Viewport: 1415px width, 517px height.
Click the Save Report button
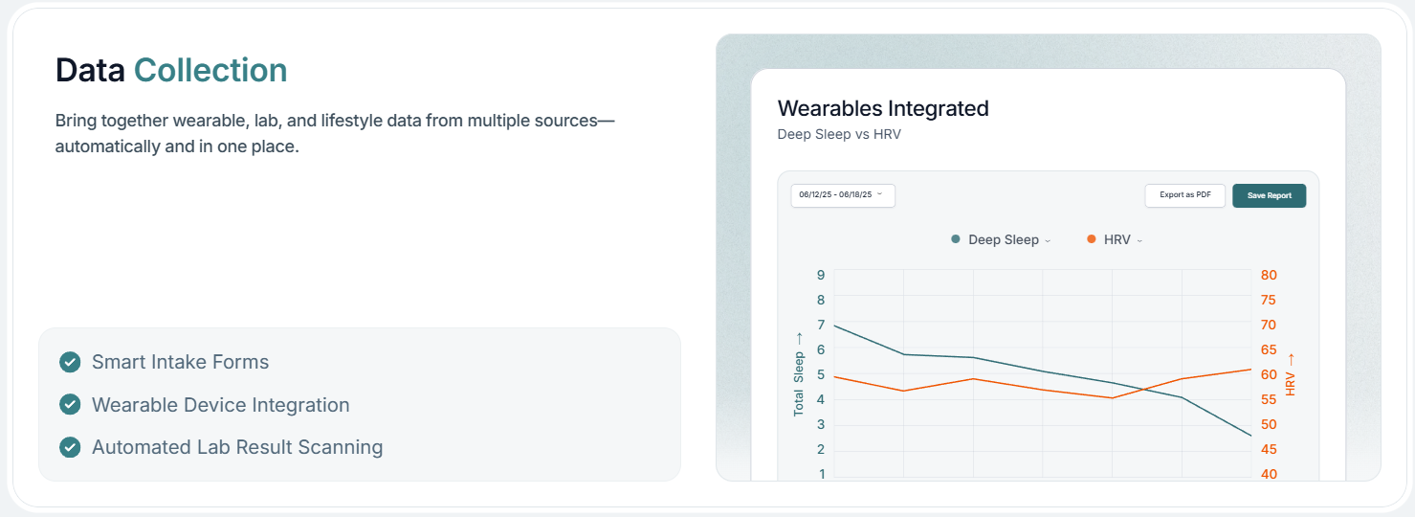1269,195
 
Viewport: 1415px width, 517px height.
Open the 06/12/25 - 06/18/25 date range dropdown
842,195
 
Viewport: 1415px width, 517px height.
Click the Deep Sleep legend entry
1001,239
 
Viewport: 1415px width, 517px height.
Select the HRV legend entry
1116,239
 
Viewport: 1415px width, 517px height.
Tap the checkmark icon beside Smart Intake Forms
70,362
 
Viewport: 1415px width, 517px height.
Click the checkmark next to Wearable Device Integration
70,405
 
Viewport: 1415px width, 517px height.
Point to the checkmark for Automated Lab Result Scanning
70,447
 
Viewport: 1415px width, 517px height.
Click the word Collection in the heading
210,70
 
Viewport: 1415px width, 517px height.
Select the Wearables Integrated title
883,108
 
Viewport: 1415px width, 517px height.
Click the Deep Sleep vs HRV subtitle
839,135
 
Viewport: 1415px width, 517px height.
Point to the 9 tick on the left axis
821,275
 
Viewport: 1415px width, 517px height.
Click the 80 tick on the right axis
1269,275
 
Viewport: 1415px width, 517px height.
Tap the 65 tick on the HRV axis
1269,350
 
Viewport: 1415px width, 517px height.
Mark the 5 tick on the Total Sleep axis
821,375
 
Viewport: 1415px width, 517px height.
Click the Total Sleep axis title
799,373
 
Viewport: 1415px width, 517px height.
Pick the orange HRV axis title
1291,373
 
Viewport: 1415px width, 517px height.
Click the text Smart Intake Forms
180,362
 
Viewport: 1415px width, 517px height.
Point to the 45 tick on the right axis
1269,450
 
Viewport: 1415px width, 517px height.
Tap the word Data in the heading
90,70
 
